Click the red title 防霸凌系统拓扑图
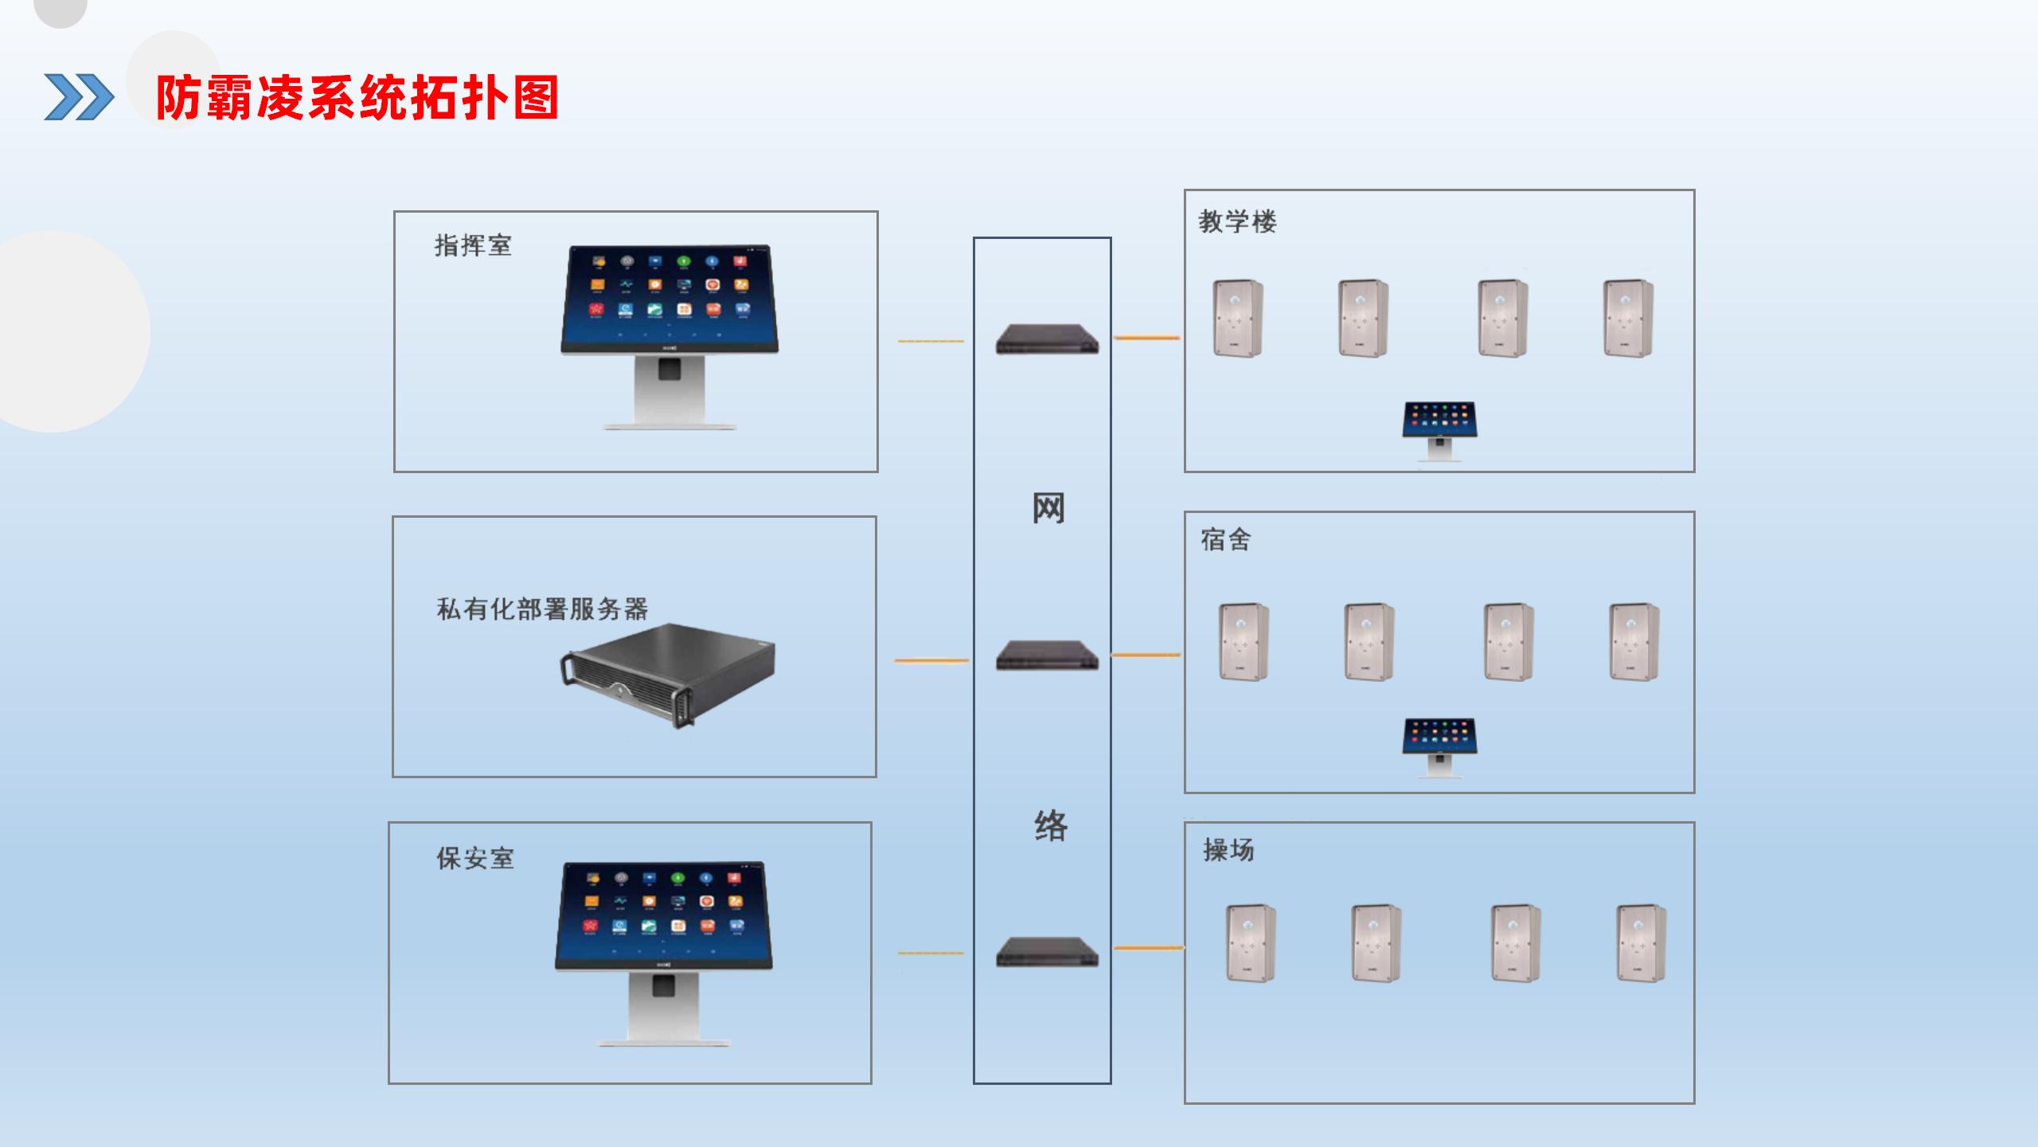(357, 98)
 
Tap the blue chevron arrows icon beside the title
(79, 97)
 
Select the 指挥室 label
(473, 245)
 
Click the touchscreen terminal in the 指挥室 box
(669, 337)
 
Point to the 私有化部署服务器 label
(542, 609)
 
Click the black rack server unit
(667, 675)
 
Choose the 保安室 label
(475, 859)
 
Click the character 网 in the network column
(1048, 508)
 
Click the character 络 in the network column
(1051, 825)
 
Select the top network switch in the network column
(1047, 339)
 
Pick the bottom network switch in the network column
(1047, 952)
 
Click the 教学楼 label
(1238, 221)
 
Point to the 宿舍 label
(1226, 540)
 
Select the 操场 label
(1229, 851)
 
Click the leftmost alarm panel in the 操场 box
(1251, 943)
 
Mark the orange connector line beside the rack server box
(931, 660)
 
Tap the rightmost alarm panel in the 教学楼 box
(1628, 318)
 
